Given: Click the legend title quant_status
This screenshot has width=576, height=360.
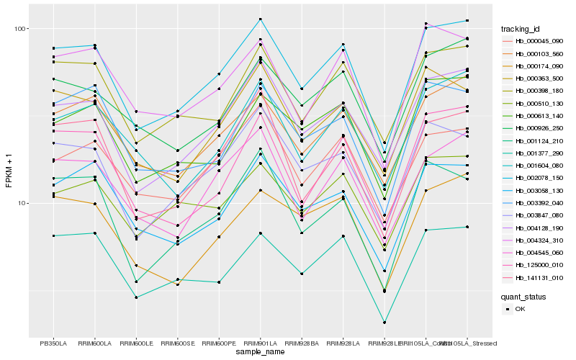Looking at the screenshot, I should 524,296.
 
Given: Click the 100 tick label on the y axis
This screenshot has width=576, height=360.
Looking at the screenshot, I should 20,29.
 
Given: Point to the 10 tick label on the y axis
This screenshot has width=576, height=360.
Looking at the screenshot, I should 22,203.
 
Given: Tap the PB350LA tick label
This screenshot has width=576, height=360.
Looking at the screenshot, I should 53,343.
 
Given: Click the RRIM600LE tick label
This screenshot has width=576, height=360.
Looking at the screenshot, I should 135,343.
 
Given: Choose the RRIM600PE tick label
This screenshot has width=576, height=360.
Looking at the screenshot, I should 219,343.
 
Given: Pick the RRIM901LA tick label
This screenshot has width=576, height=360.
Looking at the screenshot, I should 260,343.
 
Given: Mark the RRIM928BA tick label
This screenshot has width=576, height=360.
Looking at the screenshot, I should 302,343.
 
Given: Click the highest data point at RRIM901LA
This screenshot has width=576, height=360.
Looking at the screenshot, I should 261,19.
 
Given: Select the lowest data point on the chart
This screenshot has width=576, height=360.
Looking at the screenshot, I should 384,323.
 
